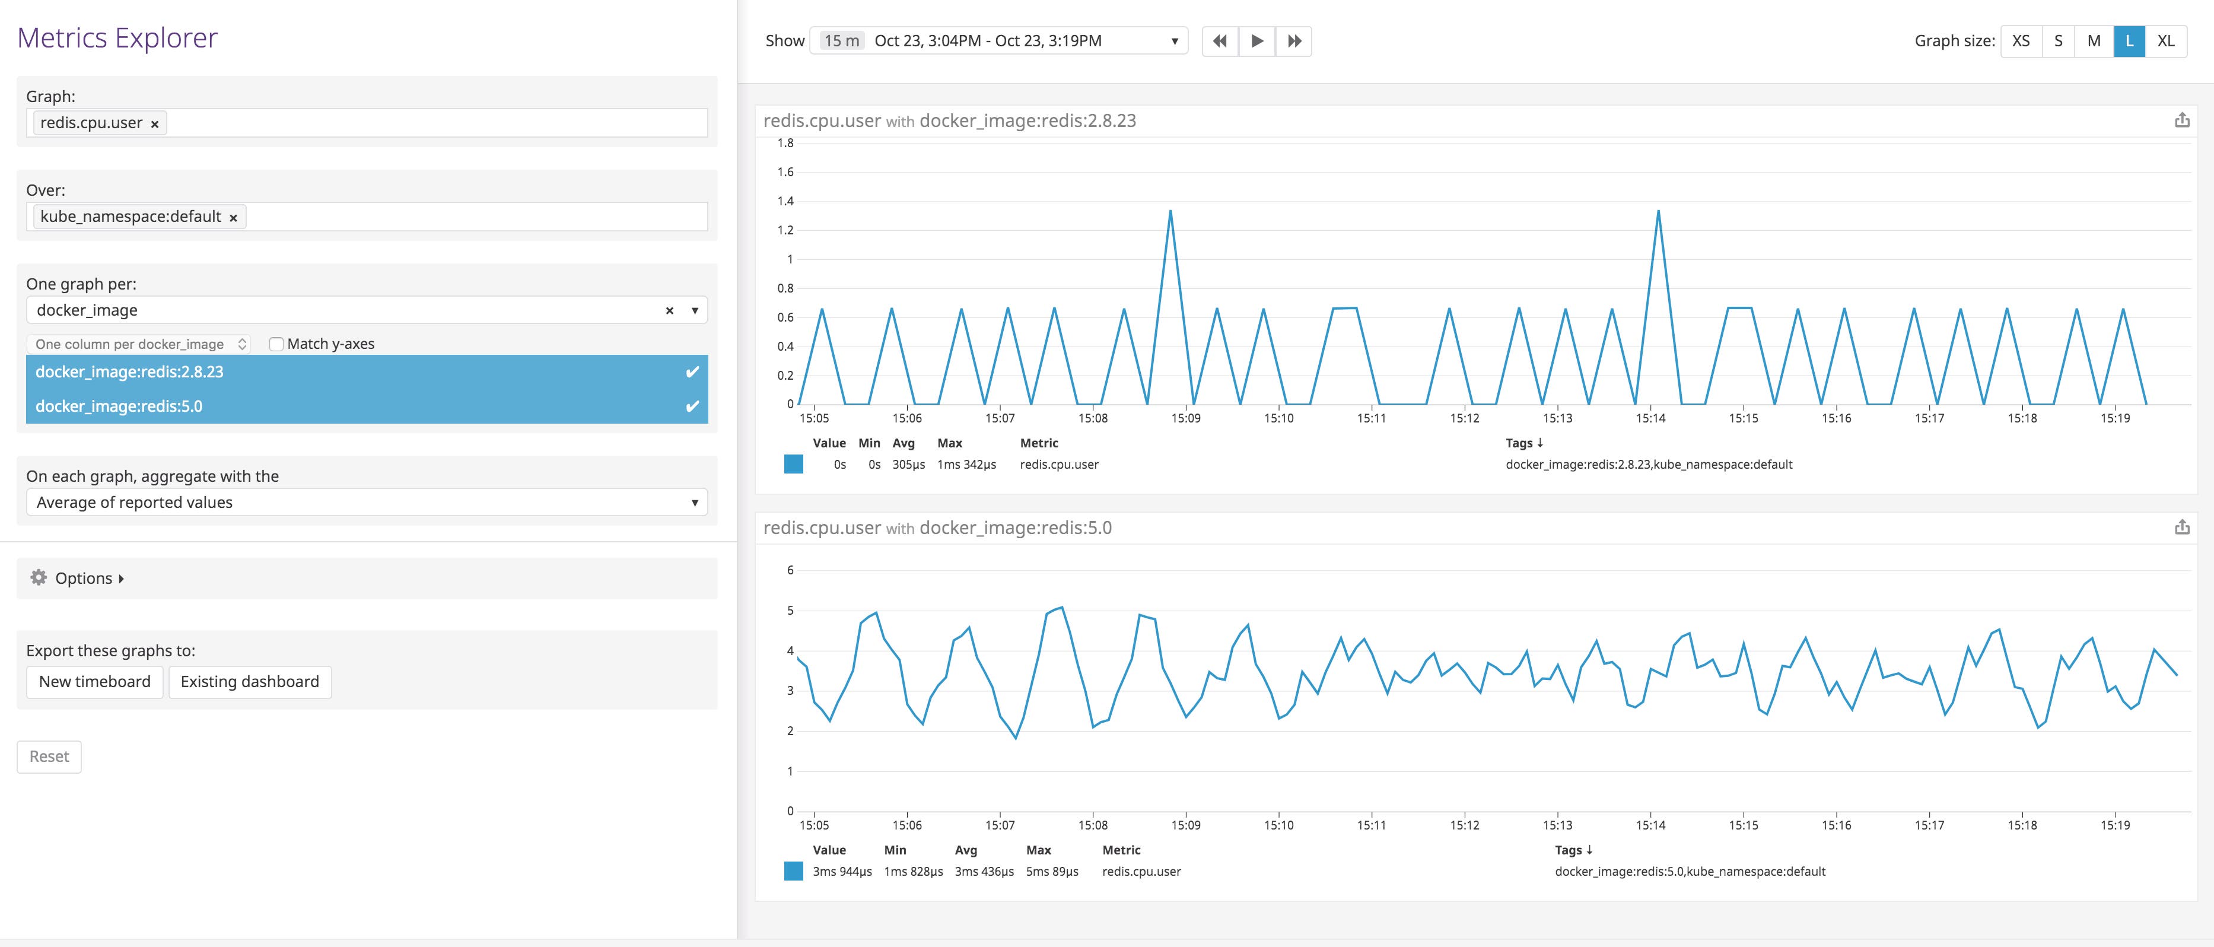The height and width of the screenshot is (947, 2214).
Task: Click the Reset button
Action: [49, 756]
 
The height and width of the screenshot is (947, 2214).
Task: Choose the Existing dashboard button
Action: [249, 681]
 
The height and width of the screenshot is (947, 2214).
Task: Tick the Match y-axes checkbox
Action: [276, 344]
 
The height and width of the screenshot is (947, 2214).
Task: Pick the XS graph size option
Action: [2021, 40]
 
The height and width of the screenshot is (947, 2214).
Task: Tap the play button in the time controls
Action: [1256, 40]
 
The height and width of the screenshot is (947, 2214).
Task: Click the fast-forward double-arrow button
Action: [1293, 40]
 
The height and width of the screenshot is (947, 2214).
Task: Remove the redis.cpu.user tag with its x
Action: [155, 124]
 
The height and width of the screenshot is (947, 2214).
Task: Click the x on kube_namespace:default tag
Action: [233, 217]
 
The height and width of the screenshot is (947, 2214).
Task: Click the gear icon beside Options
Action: [39, 577]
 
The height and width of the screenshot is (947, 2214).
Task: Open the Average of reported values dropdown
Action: [366, 502]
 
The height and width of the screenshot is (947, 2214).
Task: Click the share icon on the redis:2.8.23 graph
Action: [2181, 120]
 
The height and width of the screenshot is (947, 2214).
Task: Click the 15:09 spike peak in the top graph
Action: [1170, 211]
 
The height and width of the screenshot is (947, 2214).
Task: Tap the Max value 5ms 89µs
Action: [1052, 872]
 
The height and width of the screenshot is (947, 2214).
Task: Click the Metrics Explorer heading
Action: [117, 38]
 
